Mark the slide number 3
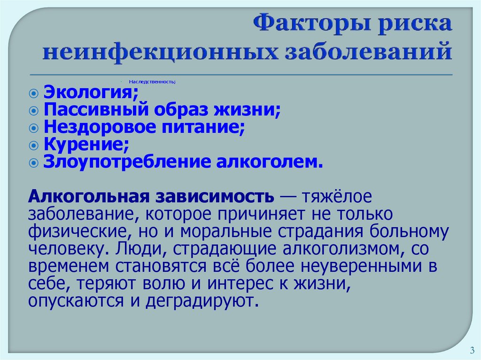(471, 350)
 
